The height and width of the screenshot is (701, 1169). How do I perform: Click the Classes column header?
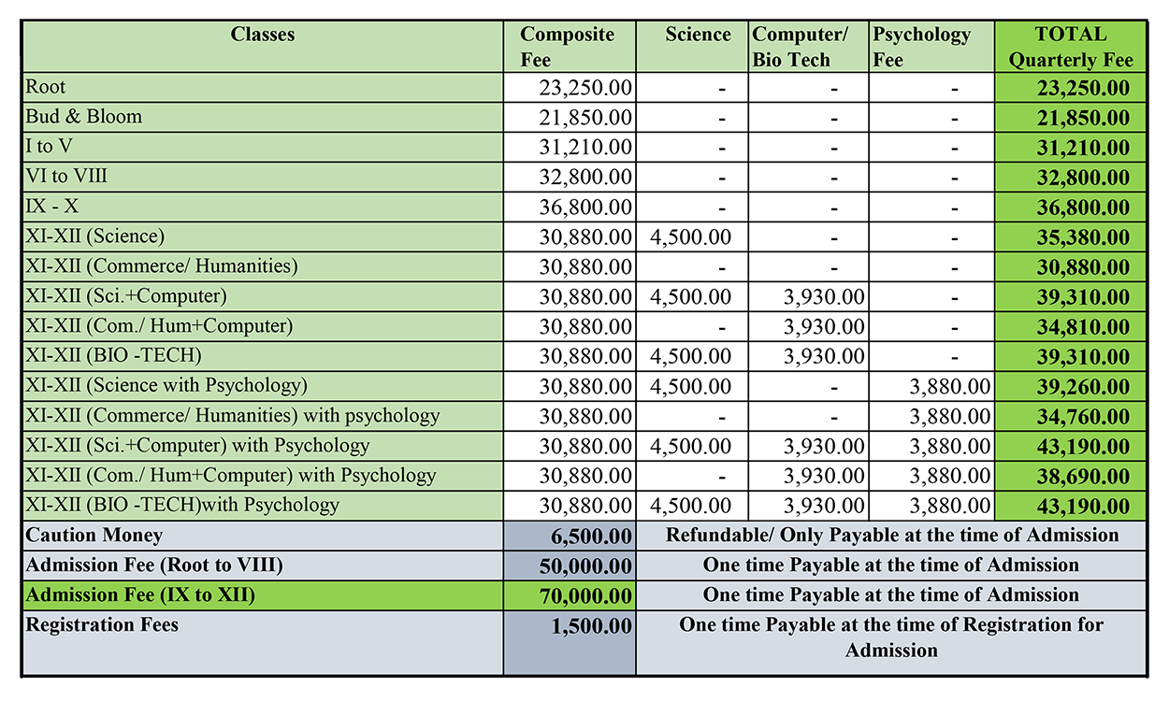point(263,35)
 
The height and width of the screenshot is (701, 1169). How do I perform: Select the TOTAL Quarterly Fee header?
point(1071,47)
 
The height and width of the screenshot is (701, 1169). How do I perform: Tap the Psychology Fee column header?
point(921,47)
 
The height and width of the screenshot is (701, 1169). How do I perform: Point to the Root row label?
point(46,88)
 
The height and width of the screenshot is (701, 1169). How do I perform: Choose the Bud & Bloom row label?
point(84,118)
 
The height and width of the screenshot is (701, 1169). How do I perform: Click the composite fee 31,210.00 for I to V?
point(585,148)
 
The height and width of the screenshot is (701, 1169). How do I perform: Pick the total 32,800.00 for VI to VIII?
point(1082,178)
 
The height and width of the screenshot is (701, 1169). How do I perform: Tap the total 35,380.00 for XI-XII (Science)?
point(1082,237)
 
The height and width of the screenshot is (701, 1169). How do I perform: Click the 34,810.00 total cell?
point(1082,327)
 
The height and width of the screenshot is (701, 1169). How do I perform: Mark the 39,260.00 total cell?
point(1082,387)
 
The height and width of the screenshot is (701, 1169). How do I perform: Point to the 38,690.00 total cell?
point(1082,477)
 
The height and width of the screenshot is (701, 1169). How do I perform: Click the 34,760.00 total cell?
point(1082,417)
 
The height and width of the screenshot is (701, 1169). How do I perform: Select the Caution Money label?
point(94,536)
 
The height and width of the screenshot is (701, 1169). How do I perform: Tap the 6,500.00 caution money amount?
point(592,536)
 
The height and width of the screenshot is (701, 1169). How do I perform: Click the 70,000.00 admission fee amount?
point(585,595)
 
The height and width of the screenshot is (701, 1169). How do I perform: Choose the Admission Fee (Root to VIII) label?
point(154,565)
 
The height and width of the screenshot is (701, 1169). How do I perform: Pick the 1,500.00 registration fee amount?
point(592,625)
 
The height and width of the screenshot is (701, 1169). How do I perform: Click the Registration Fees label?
point(102,624)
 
